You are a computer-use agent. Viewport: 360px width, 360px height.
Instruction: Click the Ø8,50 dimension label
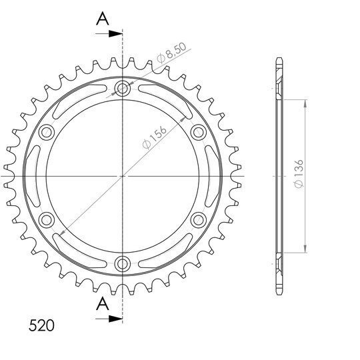171,53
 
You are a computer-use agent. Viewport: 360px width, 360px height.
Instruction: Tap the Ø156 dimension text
154,137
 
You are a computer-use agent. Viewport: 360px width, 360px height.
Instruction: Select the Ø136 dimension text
299,174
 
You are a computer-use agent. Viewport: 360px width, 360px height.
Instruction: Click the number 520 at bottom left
41,325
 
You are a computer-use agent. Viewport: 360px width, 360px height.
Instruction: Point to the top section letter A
103,19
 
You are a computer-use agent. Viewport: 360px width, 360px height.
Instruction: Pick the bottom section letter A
103,303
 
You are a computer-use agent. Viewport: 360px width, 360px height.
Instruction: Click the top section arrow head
115,34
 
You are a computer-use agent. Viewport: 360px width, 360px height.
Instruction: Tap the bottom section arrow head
115,319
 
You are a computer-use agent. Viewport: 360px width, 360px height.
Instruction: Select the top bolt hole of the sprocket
123,89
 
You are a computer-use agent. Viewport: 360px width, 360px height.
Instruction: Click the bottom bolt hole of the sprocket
123,264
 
